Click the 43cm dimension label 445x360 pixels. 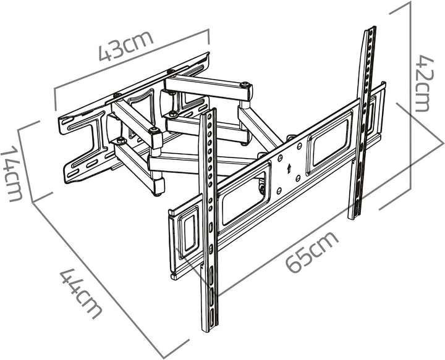[x=126, y=46]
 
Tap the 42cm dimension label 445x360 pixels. [x=425, y=83]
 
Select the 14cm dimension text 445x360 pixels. [x=12, y=174]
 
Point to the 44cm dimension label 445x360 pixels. [x=80, y=293]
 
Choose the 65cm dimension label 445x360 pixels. [x=311, y=253]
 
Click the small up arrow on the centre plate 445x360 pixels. [x=289, y=169]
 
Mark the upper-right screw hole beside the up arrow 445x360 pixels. [x=299, y=146]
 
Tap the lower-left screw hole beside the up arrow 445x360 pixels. [x=279, y=191]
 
